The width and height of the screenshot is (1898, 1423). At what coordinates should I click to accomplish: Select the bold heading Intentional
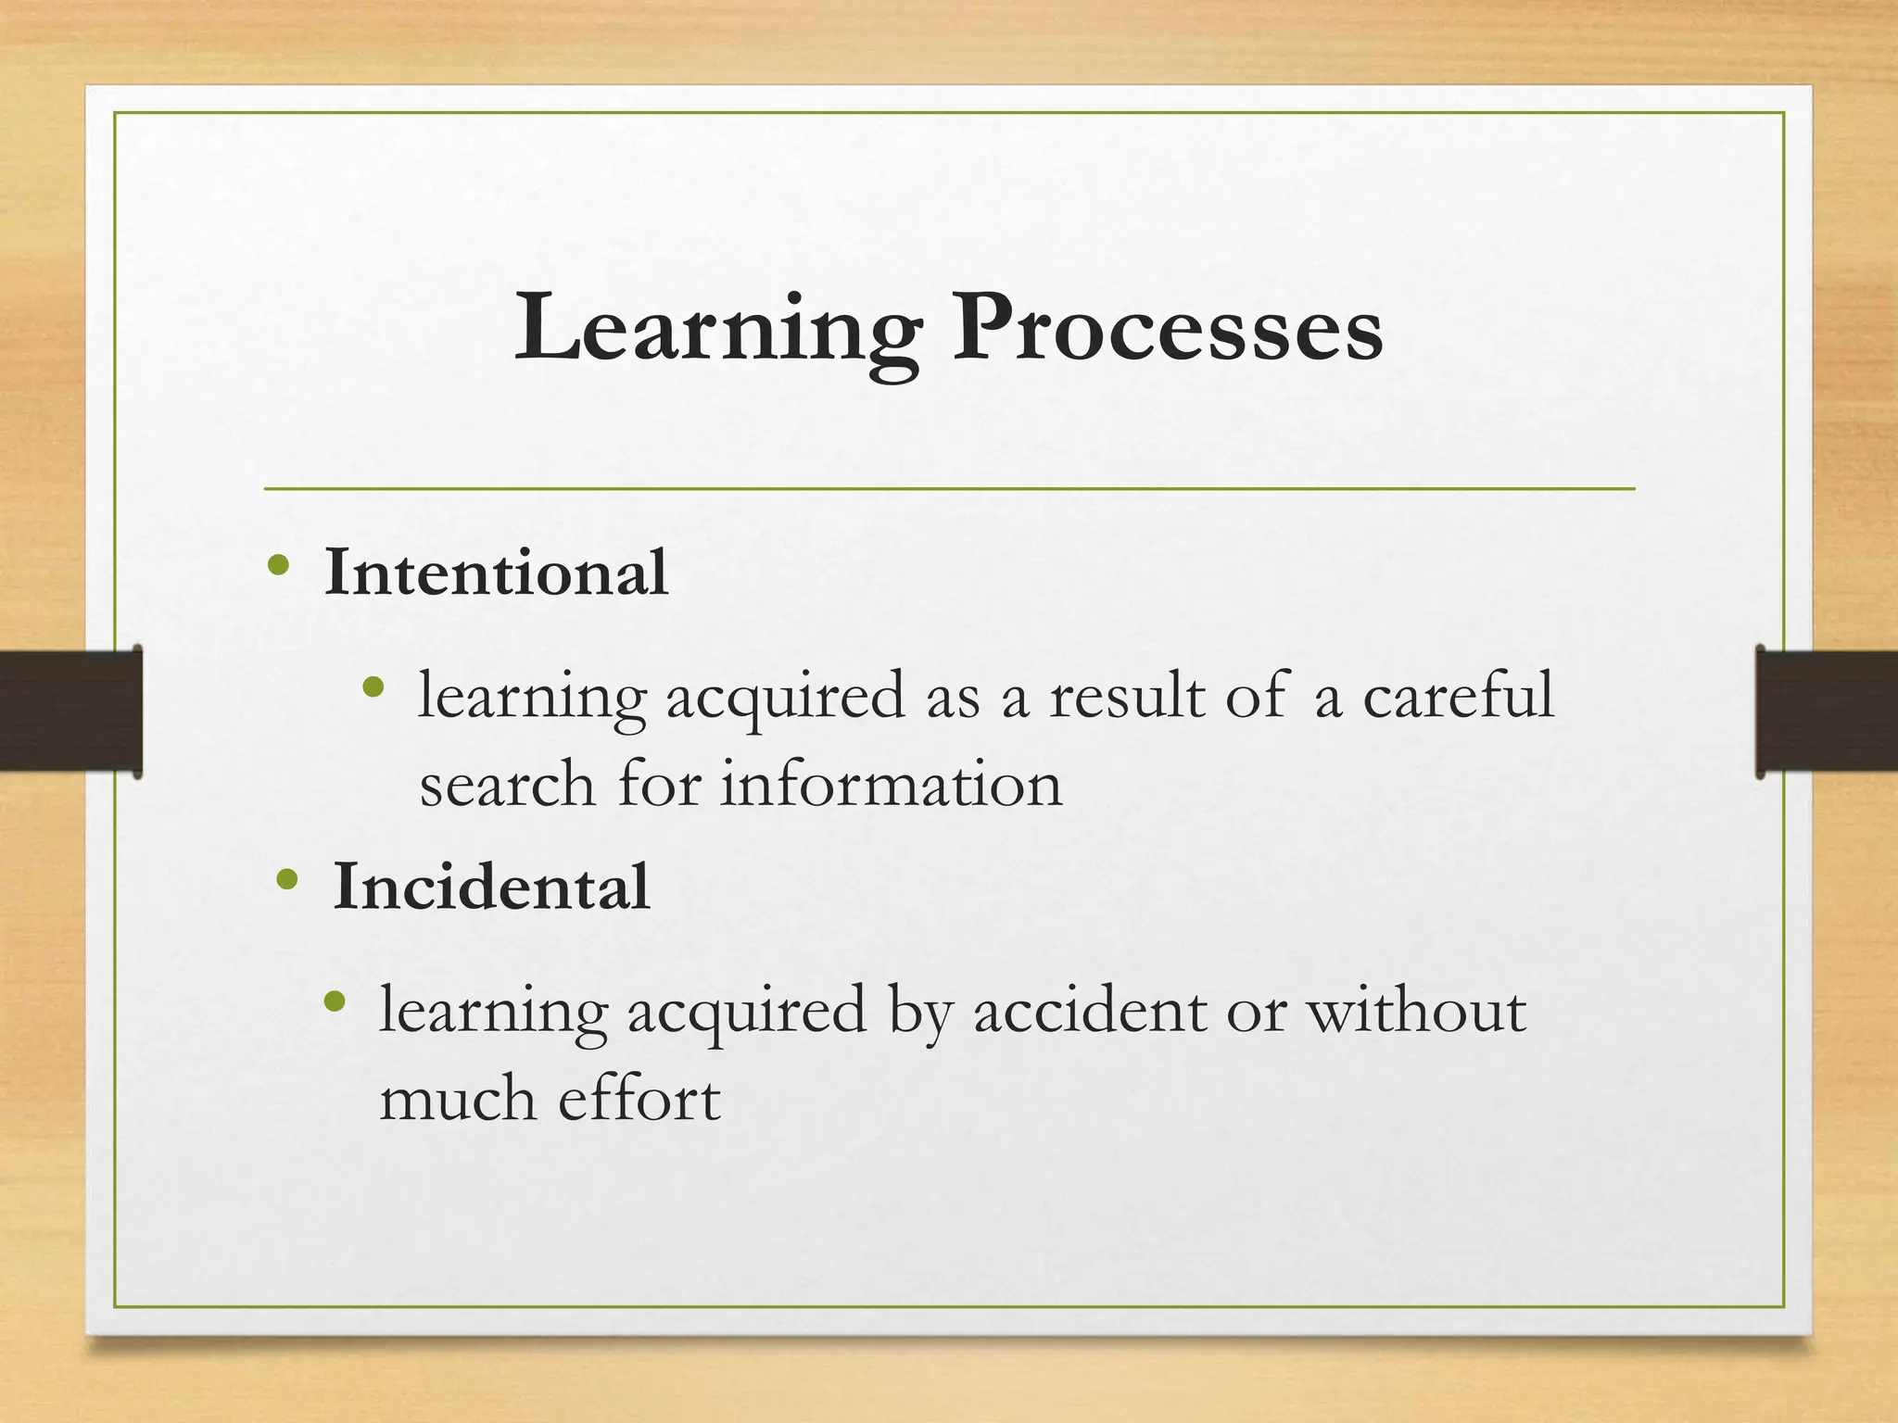(x=496, y=573)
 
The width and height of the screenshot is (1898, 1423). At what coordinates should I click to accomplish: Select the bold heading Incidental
(x=491, y=887)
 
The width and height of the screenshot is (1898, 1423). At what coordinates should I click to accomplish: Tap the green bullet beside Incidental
(x=287, y=878)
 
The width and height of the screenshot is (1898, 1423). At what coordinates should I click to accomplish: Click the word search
(x=507, y=784)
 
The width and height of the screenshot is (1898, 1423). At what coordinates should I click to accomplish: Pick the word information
(x=892, y=784)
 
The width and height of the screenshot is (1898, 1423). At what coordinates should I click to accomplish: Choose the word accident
(x=1090, y=1010)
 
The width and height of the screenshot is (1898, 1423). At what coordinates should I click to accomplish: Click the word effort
(x=639, y=1099)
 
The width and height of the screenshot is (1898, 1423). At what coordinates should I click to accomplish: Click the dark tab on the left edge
(x=70, y=711)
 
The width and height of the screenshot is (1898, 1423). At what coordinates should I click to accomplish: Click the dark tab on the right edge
(x=1826, y=711)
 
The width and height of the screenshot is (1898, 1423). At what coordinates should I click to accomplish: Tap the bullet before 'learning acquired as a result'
(x=373, y=686)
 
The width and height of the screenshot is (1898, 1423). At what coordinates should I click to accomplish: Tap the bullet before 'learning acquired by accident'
(x=335, y=1001)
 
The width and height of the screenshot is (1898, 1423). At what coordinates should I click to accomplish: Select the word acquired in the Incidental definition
(x=746, y=1012)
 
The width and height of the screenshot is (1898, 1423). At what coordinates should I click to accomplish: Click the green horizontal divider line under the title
(x=949, y=488)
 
